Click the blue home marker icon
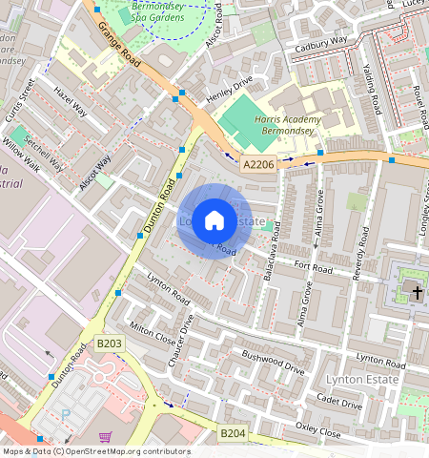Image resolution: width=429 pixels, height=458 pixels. pyautogui.click(x=214, y=220)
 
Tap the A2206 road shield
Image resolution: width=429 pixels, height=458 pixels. pyautogui.click(x=257, y=165)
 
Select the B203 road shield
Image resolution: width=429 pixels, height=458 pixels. pyautogui.click(x=112, y=343)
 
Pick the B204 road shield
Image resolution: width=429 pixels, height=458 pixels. pyautogui.click(x=234, y=433)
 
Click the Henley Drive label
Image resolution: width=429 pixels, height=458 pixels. pyautogui.click(x=230, y=91)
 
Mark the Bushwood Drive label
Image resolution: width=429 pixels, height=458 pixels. pyautogui.click(x=273, y=362)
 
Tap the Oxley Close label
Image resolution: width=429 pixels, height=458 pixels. pyautogui.click(x=317, y=430)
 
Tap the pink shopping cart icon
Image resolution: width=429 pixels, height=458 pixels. pyautogui.click(x=104, y=436)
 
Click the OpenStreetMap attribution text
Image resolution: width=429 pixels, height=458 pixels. pyautogui.click(x=95, y=451)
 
